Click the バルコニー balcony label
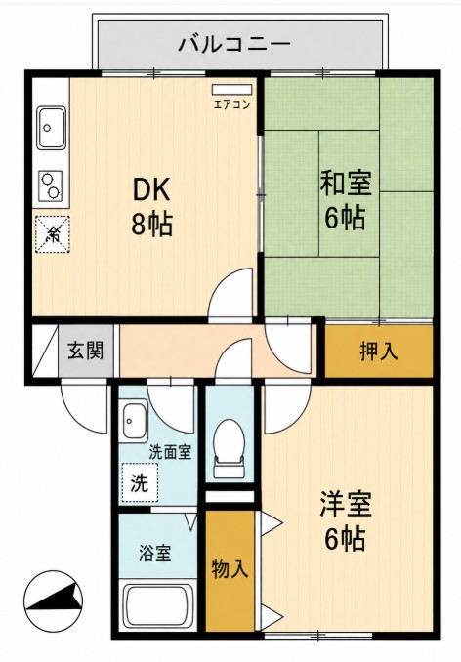[234, 44]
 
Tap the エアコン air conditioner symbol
[231, 90]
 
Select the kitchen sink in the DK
[52, 128]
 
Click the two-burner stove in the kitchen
[51, 186]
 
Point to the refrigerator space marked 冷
[53, 234]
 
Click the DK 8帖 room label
[152, 206]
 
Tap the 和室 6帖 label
[345, 200]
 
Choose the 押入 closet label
[379, 351]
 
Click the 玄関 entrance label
[86, 350]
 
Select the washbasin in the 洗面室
[133, 421]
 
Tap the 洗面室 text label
[171, 452]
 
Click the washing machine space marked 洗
[140, 482]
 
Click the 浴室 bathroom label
[155, 553]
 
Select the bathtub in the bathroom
[157, 606]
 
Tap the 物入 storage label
[230, 568]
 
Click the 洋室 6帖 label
[345, 521]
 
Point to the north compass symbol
[53, 600]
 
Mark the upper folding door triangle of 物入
[271, 523]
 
